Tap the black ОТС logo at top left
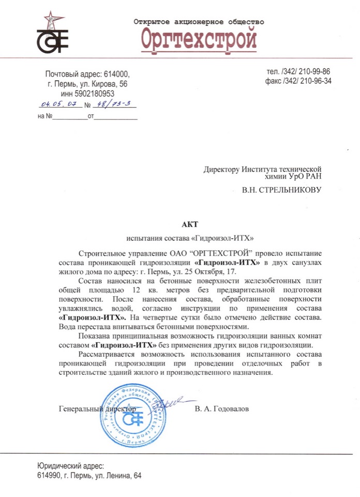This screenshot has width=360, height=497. [x=52, y=38]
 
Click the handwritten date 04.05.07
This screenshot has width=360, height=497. [x=60, y=104]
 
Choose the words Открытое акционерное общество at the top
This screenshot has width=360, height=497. [x=199, y=22]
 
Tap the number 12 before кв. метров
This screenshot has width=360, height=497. [x=136, y=290]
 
